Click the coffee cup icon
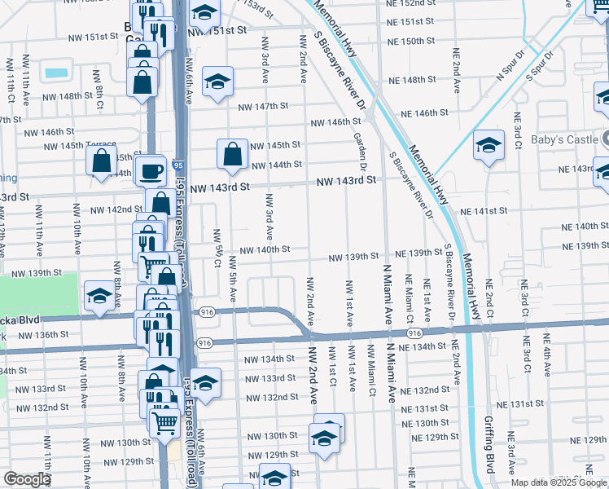tap(150, 171)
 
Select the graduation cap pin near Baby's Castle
tap(489, 146)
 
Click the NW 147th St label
tap(264, 107)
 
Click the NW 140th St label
tap(264, 249)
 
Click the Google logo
tap(27, 480)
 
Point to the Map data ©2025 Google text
tap(559, 482)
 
